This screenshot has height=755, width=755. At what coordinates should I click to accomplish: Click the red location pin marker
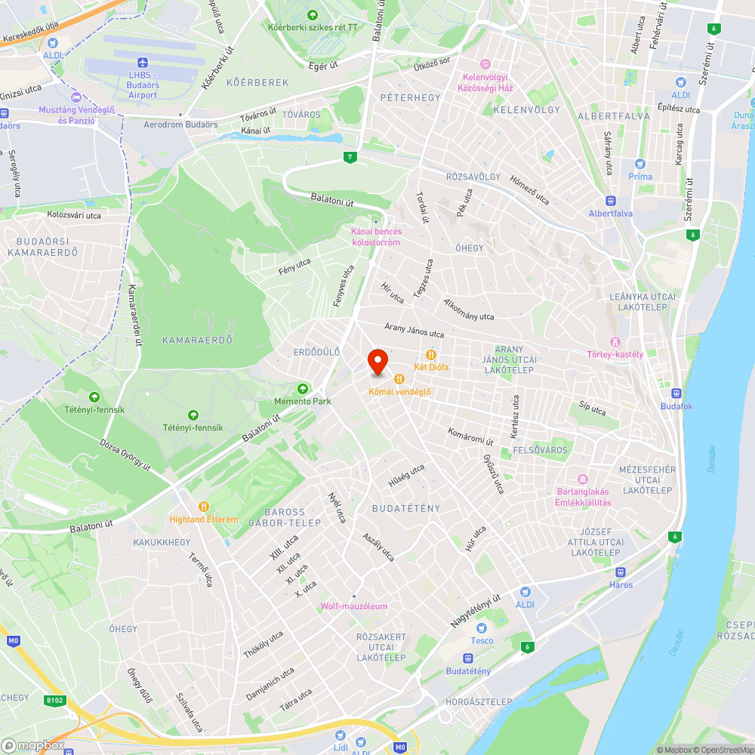point(377,361)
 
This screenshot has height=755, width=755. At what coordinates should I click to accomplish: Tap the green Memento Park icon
point(303,389)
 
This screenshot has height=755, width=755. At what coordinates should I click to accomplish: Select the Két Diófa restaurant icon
point(431,354)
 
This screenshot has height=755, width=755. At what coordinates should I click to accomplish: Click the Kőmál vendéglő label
point(399,391)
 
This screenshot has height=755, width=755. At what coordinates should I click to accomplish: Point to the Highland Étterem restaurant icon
point(203,507)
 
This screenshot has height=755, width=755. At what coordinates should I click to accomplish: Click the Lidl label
point(341,747)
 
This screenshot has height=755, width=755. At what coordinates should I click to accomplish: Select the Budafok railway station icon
point(676,393)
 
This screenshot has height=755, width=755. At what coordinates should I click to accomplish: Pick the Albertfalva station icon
point(611,201)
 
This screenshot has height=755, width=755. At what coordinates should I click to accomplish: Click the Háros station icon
point(621,572)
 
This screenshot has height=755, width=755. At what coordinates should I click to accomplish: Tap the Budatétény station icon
point(468,658)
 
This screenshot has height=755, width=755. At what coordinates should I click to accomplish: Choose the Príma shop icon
point(640,164)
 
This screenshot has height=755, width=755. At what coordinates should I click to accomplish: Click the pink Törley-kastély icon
point(615,342)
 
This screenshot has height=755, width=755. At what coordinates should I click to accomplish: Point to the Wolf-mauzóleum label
point(354,606)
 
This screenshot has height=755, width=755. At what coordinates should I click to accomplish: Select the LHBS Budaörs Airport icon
point(142,63)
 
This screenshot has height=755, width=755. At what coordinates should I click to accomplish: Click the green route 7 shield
point(349,158)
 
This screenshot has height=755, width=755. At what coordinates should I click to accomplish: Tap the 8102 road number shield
point(55,701)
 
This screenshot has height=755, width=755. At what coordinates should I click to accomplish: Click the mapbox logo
point(36,745)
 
